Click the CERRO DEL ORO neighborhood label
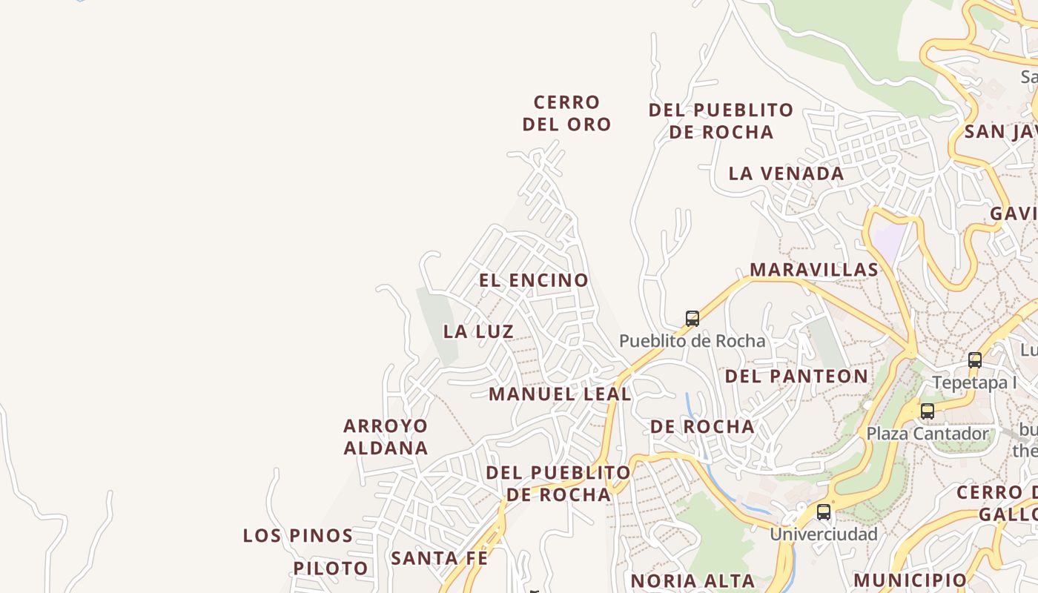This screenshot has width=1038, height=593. coord(566,113)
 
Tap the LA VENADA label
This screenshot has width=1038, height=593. coord(786,173)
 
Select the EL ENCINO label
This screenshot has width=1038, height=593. coord(534,280)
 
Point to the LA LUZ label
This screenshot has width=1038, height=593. coord(478,331)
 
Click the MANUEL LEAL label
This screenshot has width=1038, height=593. coord(560,394)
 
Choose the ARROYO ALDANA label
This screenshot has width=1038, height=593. coord(386,437)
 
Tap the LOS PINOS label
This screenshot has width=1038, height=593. coord(298,535)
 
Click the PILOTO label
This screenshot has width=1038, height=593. coord(331,569)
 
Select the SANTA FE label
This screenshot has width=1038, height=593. coord(440,558)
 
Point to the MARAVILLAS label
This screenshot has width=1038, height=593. coord(814,269)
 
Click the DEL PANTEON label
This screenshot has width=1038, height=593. coord(796,376)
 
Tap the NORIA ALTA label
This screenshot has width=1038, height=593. coord(692,580)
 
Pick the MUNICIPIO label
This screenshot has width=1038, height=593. coord(910,580)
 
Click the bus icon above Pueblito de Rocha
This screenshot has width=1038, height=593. coord(692,319)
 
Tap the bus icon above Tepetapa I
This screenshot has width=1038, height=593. coord(975,360)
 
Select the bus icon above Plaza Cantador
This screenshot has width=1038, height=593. coord(928,411)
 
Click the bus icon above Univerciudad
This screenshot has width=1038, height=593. coord(824,512)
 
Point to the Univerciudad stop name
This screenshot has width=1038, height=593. coord(824,534)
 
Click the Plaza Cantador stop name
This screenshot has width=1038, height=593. coord(928,434)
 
